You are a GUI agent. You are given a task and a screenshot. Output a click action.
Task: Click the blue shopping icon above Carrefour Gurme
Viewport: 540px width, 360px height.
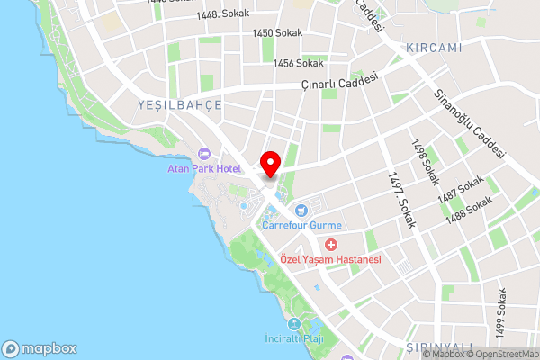[x=313, y=210]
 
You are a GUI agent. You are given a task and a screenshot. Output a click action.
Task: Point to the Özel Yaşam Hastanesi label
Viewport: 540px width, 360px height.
[x=331, y=259]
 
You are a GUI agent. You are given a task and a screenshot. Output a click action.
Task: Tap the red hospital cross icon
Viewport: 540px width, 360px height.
[x=331, y=245]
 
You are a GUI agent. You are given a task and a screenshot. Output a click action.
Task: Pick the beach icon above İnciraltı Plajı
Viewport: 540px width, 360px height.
[x=294, y=325]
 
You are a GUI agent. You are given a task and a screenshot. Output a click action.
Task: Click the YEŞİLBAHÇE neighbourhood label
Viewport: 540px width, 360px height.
[x=179, y=105]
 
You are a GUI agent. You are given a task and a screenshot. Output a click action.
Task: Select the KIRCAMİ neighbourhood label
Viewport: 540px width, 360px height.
[x=434, y=47]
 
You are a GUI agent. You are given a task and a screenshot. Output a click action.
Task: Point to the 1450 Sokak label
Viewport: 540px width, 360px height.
[x=277, y=32]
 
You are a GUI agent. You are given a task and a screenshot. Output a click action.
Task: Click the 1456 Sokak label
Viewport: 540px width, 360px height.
[x=300, y=63]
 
